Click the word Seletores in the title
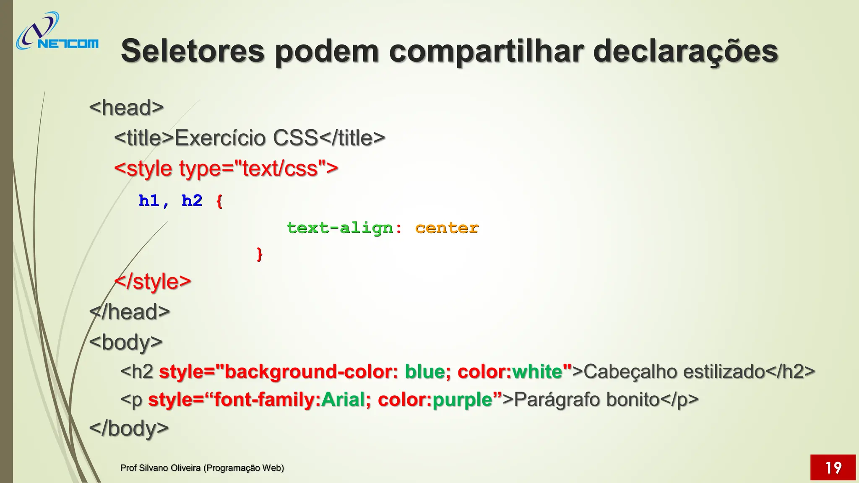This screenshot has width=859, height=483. (193, 51)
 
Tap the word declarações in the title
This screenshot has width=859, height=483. (685, 51)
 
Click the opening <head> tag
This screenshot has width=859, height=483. (126, 107)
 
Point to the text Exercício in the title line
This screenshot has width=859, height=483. (220, 138)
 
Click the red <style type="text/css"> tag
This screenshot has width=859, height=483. (226, 169)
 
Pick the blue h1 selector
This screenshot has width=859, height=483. (149, 201)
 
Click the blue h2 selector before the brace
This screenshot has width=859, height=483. (192, 201)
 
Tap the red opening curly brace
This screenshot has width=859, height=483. (219, 201)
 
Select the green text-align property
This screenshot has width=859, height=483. (340, 228)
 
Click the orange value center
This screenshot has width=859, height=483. (447, 228)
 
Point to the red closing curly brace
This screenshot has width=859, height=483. (259, 254)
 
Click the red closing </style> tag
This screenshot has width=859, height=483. (153, 281)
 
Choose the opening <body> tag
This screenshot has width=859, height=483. (125, 342)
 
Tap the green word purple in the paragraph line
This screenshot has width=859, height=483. (462, 399)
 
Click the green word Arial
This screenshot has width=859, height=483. (343, 399)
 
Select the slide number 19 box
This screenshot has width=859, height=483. (833, 467)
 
